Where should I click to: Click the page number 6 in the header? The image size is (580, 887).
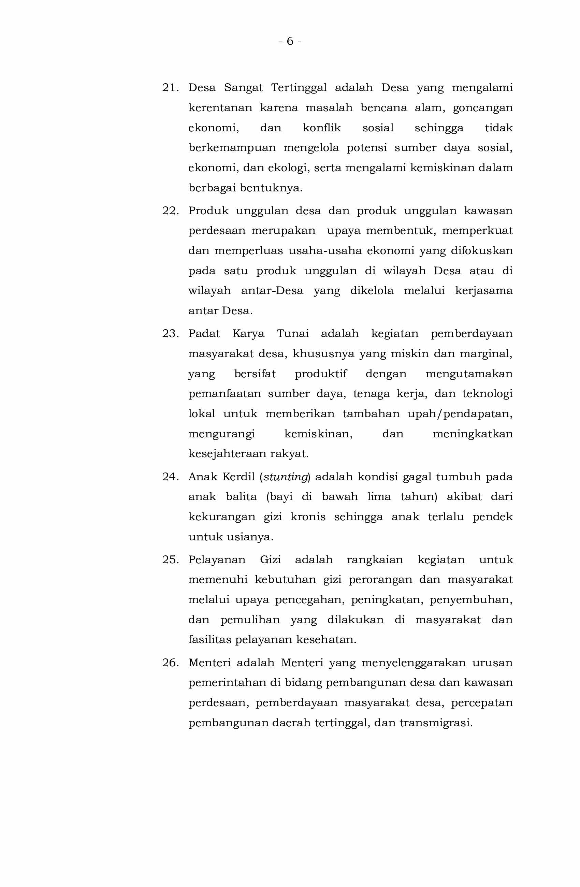290,41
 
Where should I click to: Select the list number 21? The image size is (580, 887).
170,88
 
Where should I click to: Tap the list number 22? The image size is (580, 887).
170,210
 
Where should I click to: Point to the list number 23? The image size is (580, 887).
170,333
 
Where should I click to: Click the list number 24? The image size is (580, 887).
170,476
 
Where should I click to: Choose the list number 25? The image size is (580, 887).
170,559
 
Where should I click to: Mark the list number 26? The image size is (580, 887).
170,662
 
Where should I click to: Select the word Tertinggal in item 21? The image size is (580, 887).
298,88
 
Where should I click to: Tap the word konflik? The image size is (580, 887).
321,128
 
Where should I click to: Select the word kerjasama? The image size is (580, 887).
483,291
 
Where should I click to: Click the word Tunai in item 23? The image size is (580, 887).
293,333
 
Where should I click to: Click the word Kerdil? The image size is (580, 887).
238,476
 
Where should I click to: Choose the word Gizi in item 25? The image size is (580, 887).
270,559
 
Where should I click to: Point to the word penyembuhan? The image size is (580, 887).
470,600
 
